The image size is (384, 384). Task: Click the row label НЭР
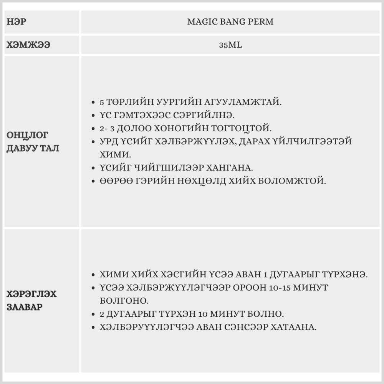pos(17,22)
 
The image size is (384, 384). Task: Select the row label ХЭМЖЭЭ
pos(28,45)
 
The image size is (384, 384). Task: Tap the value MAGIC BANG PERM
pos(230,22)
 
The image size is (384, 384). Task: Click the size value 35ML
pos(230,45)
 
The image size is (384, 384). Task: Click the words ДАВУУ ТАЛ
pos(33,148)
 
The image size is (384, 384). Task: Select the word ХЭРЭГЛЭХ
pos(32,294)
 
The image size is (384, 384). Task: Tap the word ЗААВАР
pos(25,307)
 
